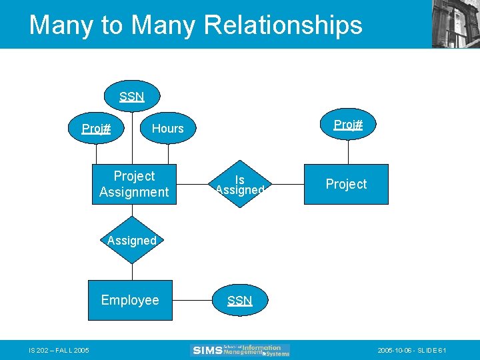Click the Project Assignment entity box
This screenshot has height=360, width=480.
pos(134,184)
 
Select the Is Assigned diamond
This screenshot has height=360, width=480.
pos(240,184)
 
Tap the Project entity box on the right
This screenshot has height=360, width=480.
pos(346,184)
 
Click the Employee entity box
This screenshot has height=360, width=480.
pos(131,300)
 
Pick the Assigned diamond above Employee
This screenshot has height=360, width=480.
pos(132,240)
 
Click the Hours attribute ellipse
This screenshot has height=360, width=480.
pos(167,128)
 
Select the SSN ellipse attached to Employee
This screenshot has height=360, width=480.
pos(239,300)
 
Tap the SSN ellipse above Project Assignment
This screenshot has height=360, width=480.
pos(132,97)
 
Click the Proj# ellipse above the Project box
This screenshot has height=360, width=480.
pos(347,125)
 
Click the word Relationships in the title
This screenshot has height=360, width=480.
pos(283,25)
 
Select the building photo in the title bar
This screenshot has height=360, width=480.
pos(455,24)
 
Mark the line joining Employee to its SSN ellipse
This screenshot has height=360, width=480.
pos(193,301)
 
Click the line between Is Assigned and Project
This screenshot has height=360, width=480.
pos(286,184)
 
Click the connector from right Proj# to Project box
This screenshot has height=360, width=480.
pos(347,152)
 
